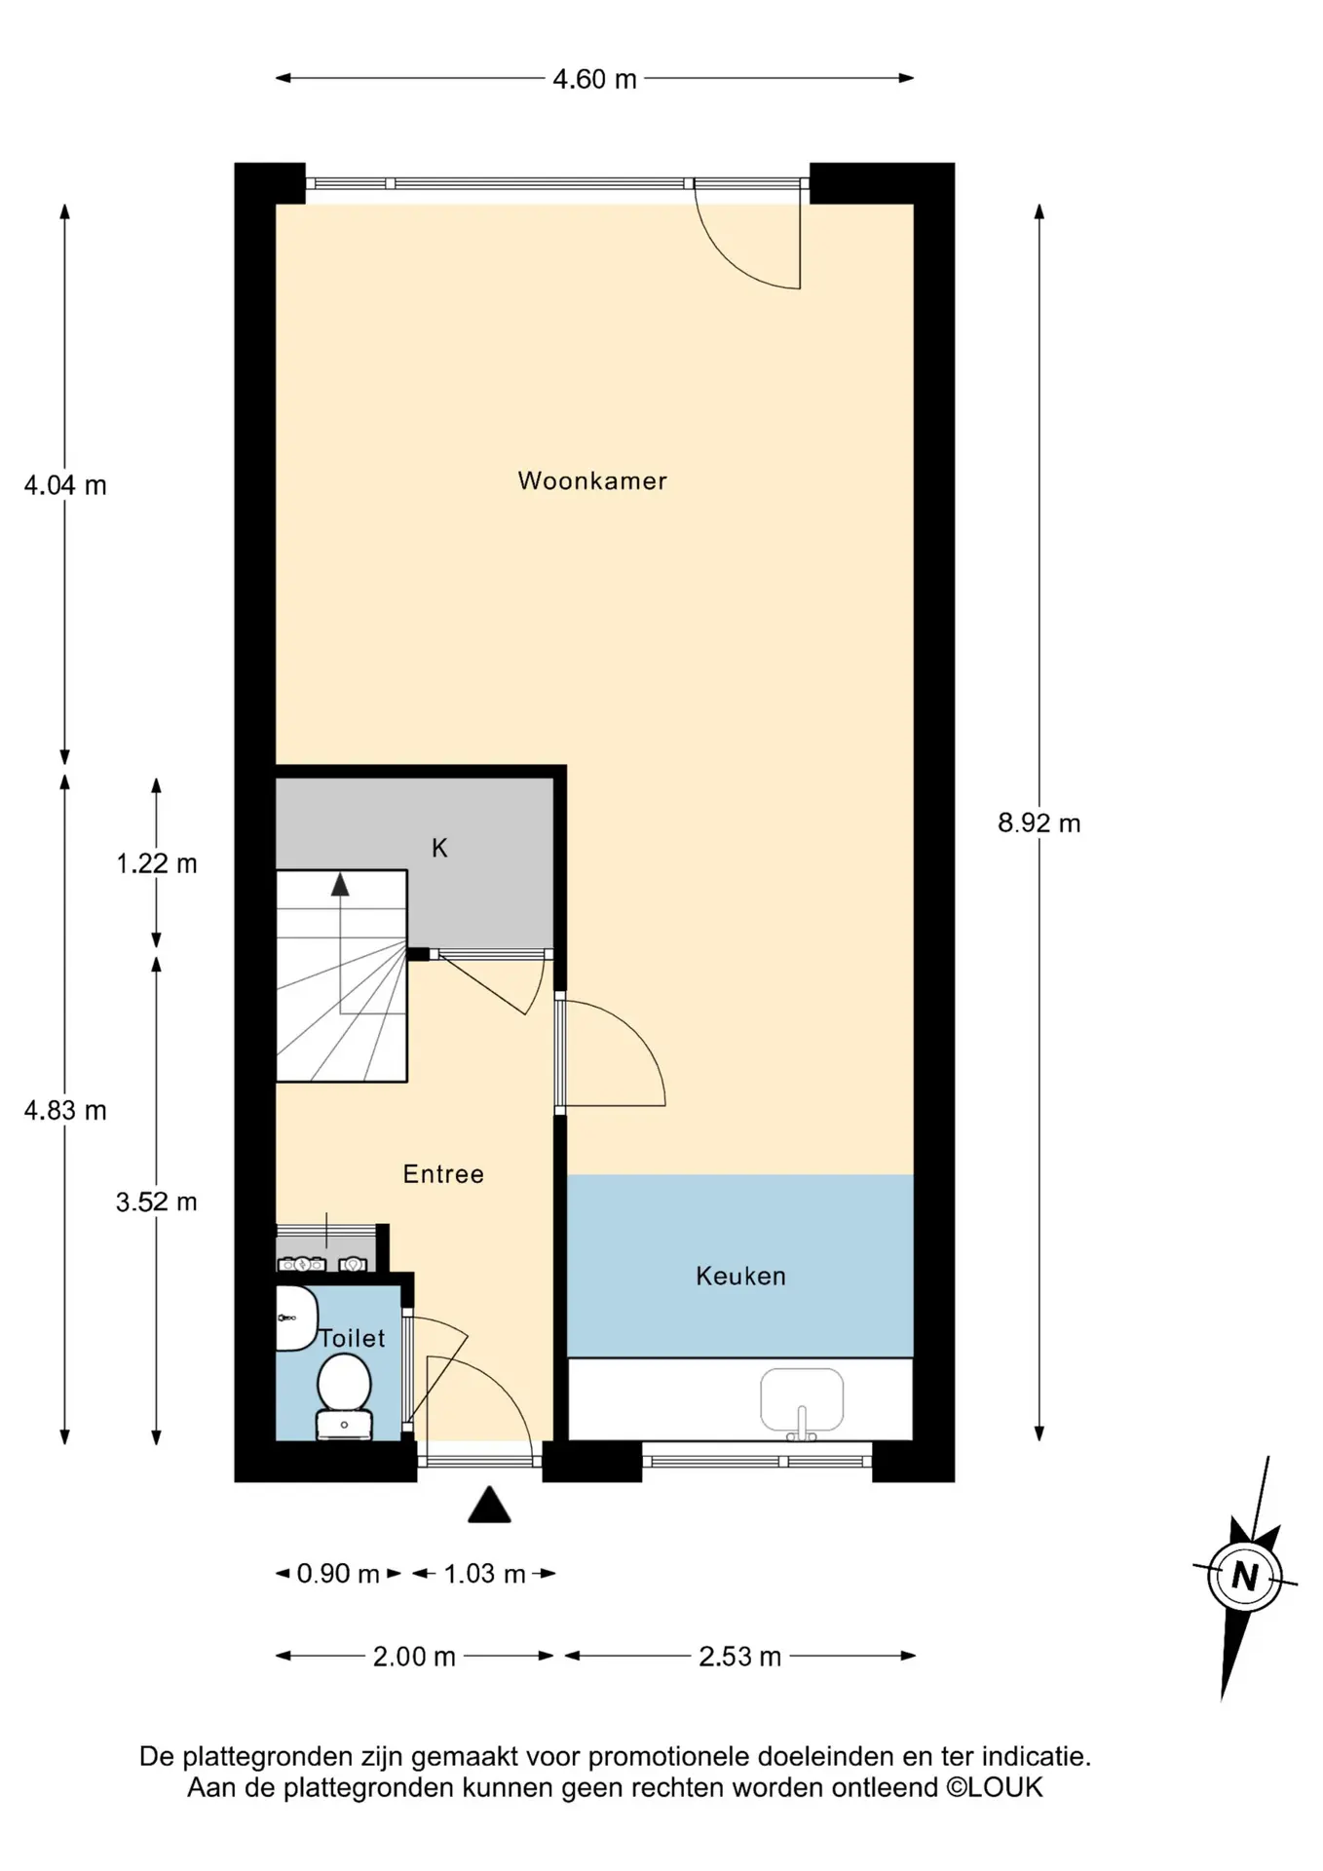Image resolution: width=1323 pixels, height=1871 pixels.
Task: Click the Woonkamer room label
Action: [x=592, y=480]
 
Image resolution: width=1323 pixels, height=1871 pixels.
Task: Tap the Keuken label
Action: [x=740, y=1276]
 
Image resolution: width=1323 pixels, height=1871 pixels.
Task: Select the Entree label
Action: [x=443, y=1173]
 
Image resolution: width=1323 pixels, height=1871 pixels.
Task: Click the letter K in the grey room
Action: [x=439, y=848]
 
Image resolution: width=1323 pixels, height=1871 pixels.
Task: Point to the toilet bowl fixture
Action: [x=344, y=1396]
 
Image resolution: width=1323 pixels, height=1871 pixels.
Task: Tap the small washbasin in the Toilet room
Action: [x=296, y=1317]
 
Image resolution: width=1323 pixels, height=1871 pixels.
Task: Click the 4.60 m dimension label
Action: [x=594, y=79]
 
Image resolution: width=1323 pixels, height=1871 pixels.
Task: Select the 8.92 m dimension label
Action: [x=1039, y=823]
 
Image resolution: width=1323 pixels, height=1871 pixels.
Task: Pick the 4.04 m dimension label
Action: [x=65, y=485]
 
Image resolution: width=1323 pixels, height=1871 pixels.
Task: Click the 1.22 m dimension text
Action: [x=157, y=863]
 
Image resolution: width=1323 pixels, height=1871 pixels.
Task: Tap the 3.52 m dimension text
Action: [x=157, y=1203]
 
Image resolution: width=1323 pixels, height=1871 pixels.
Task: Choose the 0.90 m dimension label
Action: [x=338, y=1574]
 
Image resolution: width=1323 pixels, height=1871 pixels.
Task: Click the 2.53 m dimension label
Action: [x=739, y=1657]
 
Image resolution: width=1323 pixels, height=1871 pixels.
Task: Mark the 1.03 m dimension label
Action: [x=484, y=1574]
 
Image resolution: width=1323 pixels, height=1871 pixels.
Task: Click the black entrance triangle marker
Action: [x=489, y=1505]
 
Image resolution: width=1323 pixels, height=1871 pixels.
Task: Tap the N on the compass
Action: [x=1245, y=1576]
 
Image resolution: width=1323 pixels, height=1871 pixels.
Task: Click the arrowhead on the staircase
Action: [x=340, y=884]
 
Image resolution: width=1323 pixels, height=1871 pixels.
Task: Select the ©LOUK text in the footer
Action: [x=994, y=1787]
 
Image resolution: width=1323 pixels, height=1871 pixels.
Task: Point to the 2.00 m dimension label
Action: [x=414, y=1657]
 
